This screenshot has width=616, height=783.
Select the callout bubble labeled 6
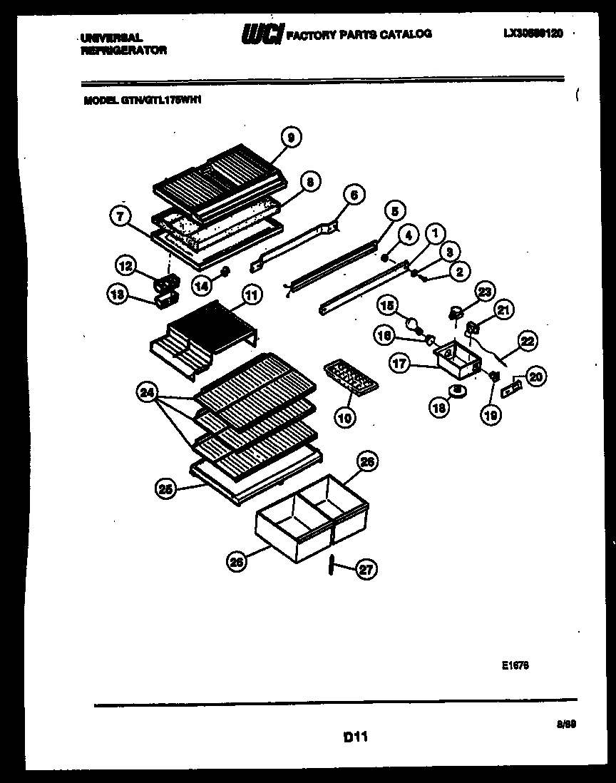pos(354,194)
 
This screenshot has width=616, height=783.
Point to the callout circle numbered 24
pos(147,393)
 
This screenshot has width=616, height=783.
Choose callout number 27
pos(367,569)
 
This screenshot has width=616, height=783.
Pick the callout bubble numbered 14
pos(202,285)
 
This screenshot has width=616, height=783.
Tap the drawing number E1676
pos(514,665)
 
